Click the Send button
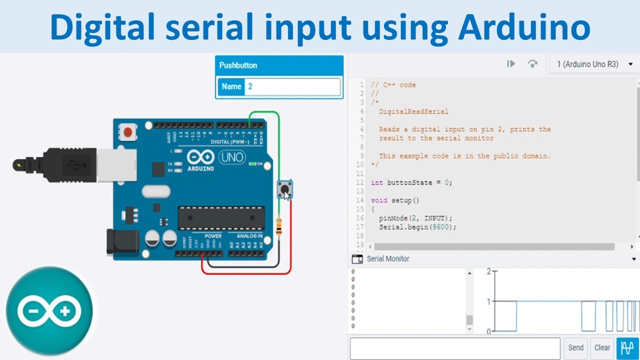tap(575, 348)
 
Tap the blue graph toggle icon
tap(627, 348)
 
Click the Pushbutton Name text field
tap(293, 86)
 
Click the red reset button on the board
tap(128, 132)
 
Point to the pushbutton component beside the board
tap(285, 189)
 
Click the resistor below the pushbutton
tap(278, 226)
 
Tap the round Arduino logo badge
tap(49, 311)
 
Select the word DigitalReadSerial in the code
tap(413, 111)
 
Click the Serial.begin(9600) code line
tap(417, 227)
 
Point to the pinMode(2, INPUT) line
tap(415, 218)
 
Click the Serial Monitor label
tap(387, 259)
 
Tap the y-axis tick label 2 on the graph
tap(488, 271)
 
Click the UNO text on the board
tap(232, 158)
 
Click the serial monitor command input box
tap(454, 348)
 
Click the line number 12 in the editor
tap(360, 182)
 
